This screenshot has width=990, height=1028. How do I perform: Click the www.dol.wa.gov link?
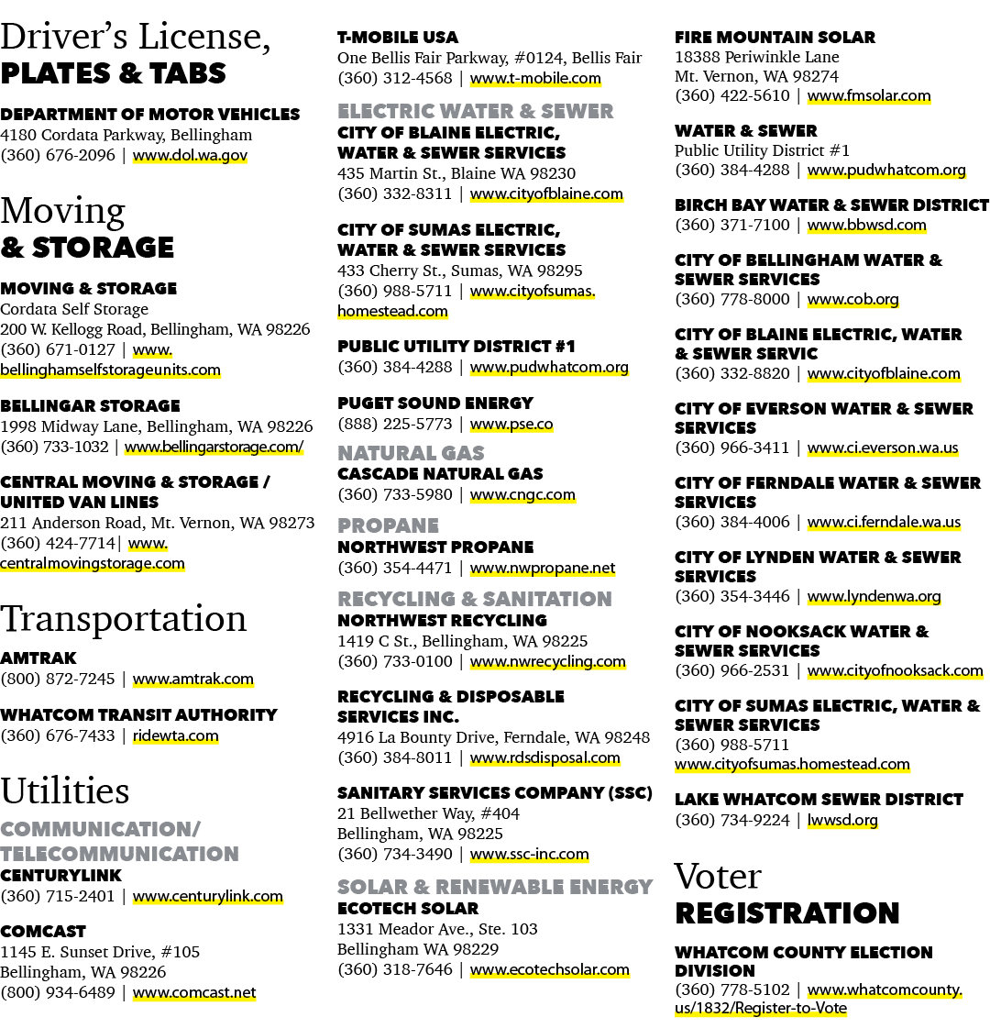(x=190, y=155)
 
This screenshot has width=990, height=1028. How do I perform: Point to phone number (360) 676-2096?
(x=58, y=155)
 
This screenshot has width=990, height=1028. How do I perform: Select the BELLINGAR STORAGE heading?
(x=91, y=406)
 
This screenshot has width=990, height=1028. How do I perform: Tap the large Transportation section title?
(x=123, y=618)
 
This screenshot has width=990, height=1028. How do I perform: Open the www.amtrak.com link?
(x=193, y=680)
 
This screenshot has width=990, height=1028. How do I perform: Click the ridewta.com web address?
(x=176, y=735)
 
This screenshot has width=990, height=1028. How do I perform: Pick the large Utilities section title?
(x=65, y=790)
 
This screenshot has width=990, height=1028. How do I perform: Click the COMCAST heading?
(x=43, y=932)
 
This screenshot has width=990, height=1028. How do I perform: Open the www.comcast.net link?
(x=194, y=992)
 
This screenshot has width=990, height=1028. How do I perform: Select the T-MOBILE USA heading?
(x=398, y=38)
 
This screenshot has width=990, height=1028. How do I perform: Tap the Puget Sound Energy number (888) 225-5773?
(x=395, y=425)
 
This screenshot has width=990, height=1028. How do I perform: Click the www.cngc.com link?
(x=522, y=495)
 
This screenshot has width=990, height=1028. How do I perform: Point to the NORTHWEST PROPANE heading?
(x=435, y=547)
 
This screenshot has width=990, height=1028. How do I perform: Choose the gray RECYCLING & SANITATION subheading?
(x=475, y=599)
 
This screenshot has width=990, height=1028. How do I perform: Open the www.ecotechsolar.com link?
(x=550, y=969)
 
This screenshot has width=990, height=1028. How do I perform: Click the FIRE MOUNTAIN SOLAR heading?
(x=775, y=38)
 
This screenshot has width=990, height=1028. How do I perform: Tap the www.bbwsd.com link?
(x=867, y=226)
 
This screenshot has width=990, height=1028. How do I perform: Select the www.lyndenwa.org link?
(x=874, y=597)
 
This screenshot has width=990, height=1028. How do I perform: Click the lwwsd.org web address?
(x=842, y=820)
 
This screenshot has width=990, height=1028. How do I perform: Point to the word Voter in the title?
(x=718, y=877)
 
